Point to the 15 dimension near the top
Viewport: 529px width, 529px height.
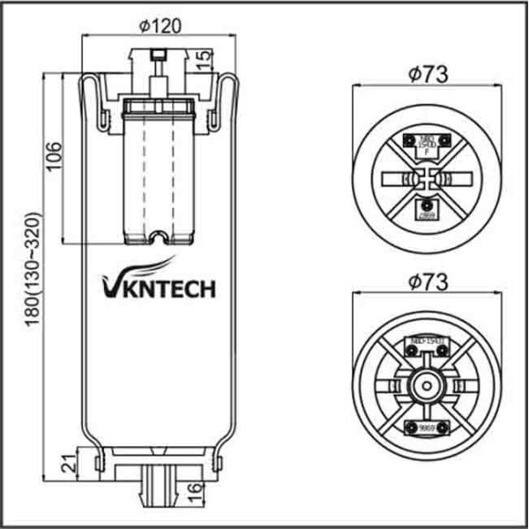204,59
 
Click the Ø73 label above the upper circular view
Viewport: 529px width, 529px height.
428,74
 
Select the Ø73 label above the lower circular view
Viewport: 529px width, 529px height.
428,281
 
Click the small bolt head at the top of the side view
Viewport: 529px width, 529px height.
159,56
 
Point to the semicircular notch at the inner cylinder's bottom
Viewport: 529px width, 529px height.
159,236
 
